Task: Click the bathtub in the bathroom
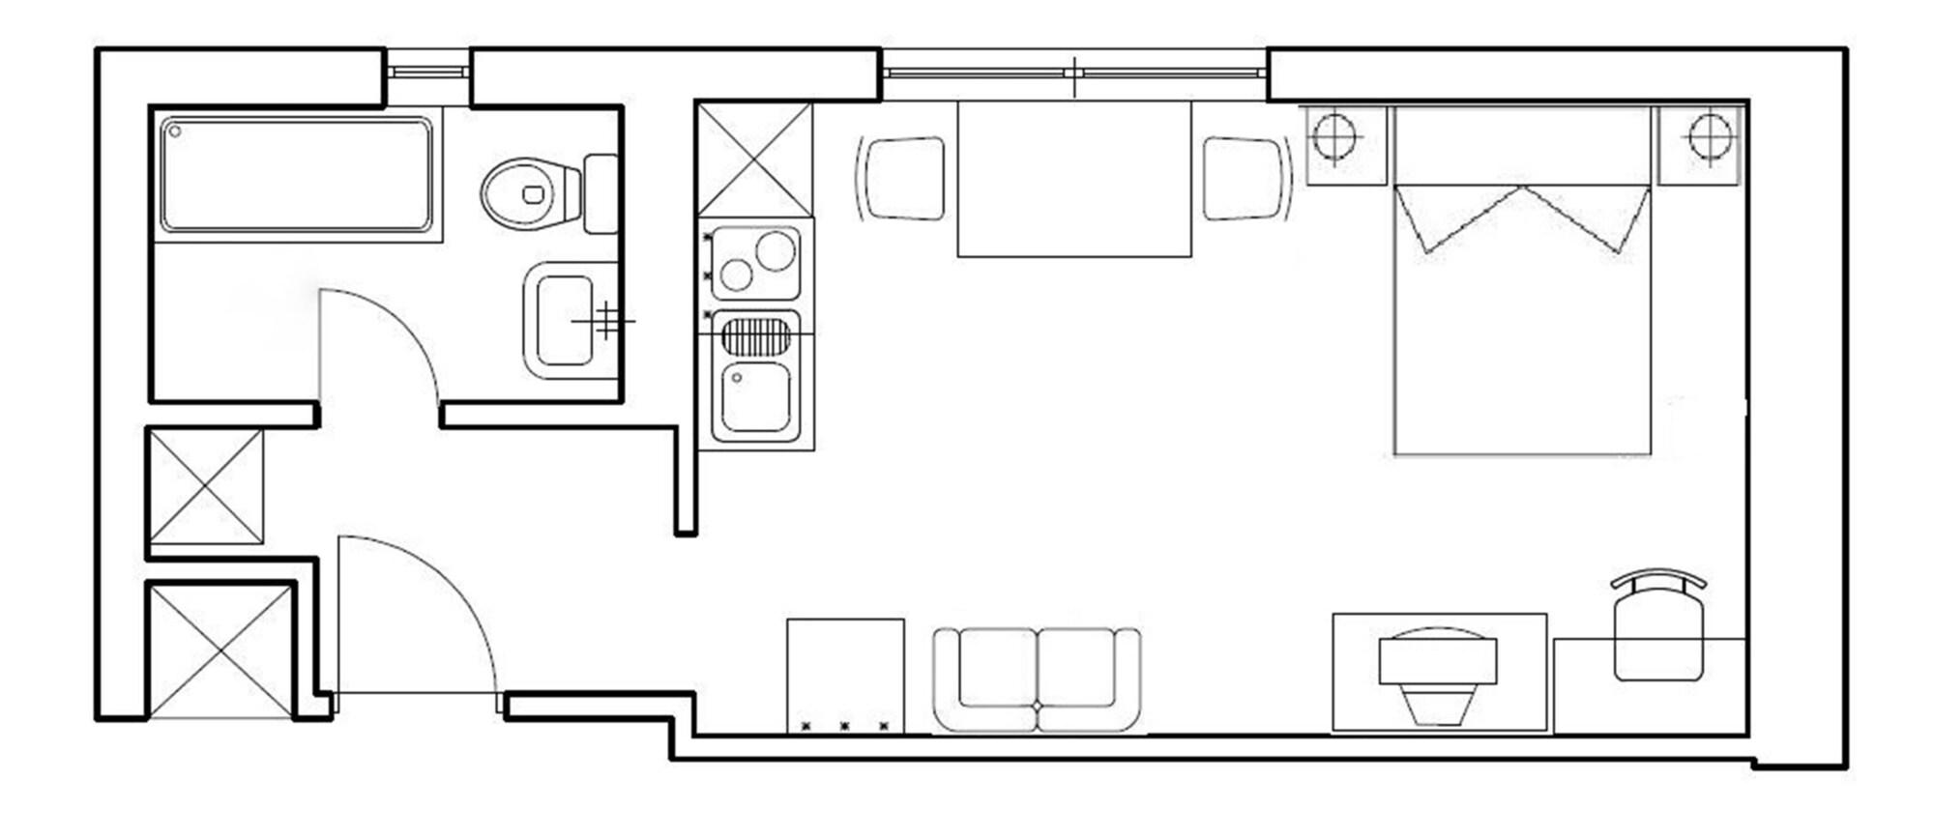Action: point(296,175)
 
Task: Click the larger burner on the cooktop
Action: point(776,250)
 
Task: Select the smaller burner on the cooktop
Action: point(737,275)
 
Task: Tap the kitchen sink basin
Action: point(755,397)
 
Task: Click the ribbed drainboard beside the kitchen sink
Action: point(755,338)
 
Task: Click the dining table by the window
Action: point(1073,180)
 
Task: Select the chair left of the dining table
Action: point(903,179)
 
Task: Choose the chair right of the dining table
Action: point(1245,179)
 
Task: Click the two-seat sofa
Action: point(1037,679)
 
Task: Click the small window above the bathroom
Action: point(427,72)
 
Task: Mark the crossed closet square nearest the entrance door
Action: point(220,650)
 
